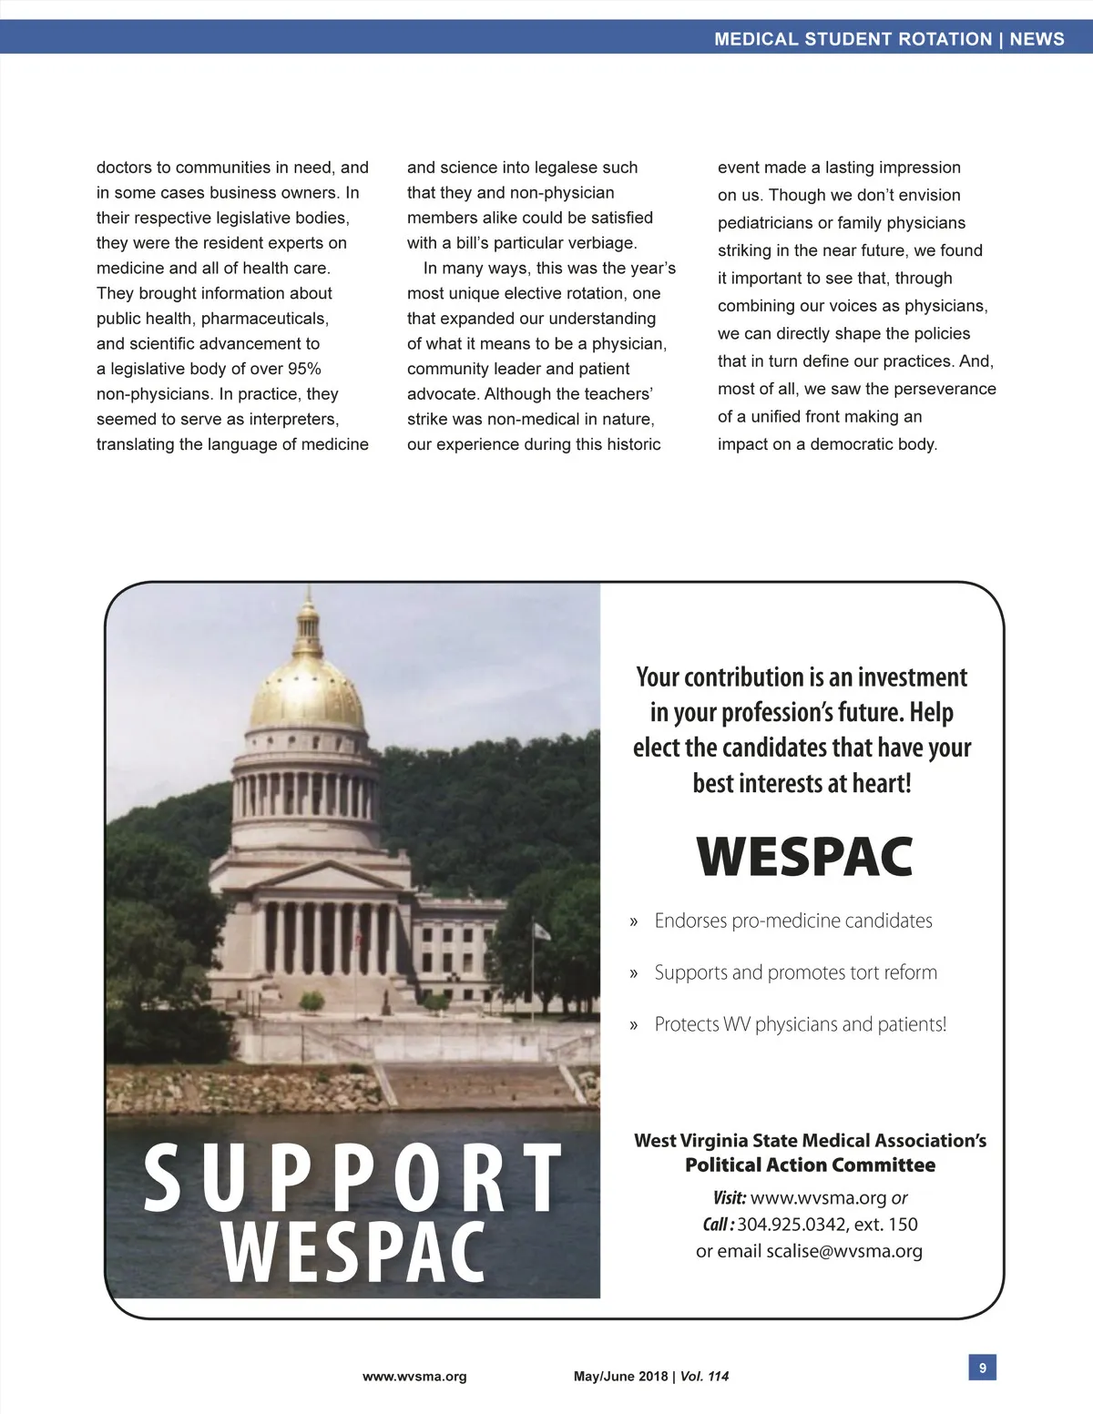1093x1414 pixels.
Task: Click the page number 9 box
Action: [x=982, y=1368]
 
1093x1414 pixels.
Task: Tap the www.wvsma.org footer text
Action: [x=414, y=1377]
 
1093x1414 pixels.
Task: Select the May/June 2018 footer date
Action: [x=620, y=1377]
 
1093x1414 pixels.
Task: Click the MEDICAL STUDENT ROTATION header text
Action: [x=853, y=39]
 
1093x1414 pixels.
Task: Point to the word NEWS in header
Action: [x=1037, y=39]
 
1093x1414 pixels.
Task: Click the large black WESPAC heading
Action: [x=804, y=857]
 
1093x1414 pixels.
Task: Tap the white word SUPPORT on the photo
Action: [x=353, y=1180]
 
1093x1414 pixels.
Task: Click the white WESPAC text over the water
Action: [x=353, y=1253]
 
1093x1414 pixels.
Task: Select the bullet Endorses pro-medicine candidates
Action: [x=792, y=921]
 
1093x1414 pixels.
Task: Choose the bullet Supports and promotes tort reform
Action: [x=795, y=972]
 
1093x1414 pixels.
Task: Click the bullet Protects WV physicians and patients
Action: [x=800, y=1024]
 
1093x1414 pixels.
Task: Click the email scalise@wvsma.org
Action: [x=844, y=1251]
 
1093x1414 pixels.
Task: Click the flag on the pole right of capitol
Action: [x=542, y=931]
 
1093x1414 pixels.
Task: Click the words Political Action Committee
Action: [x=810, y=1165]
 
